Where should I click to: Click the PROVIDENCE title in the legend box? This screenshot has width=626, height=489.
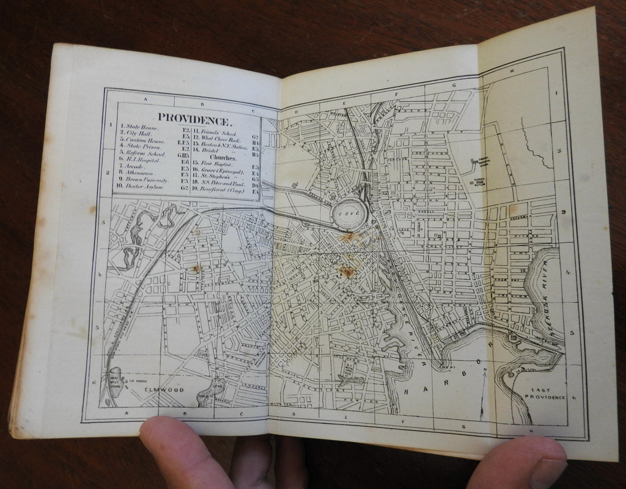click(193, 117)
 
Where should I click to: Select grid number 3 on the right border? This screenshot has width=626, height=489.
click(564, 212)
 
